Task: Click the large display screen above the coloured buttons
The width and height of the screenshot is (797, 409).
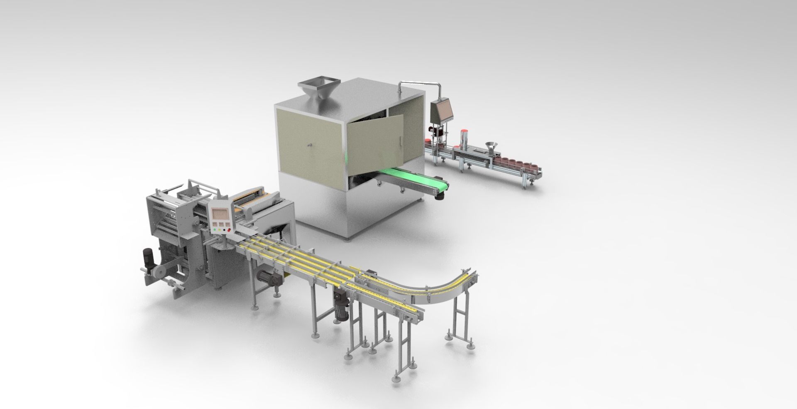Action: [220, 214]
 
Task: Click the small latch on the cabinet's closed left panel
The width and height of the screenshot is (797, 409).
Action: [309, 145]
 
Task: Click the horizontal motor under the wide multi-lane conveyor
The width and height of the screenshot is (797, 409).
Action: [268, 276]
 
